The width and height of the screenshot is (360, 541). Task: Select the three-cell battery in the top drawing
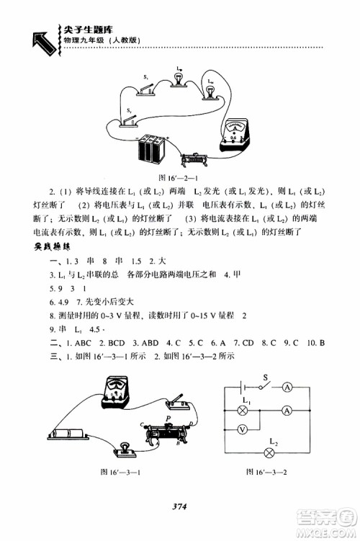coord(153,149)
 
